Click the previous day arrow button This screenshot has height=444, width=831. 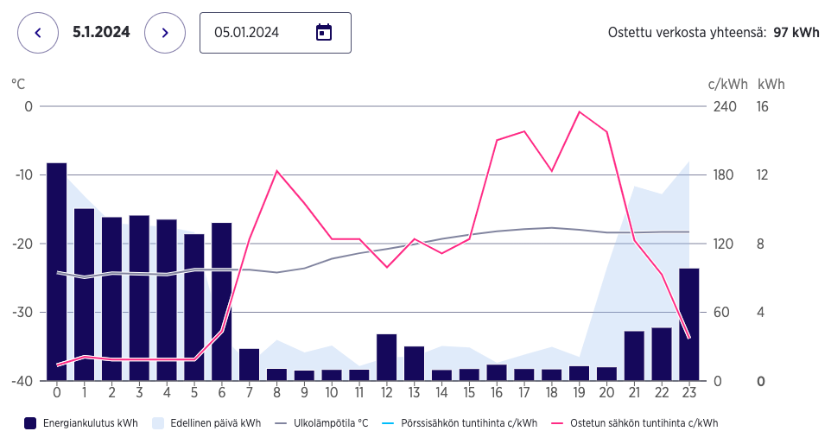coord(37,33)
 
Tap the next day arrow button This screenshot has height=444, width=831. coord(165,33)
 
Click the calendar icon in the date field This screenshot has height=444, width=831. coord(324,33)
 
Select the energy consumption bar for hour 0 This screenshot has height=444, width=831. coord(57,271)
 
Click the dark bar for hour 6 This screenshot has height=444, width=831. coord(222,301)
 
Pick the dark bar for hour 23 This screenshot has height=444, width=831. coord(689,324)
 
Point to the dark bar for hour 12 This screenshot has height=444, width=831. coord(387,357)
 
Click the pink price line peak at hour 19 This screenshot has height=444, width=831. coord(580,111)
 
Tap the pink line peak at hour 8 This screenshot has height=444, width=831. coord(276,171)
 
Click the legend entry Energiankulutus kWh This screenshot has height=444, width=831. coord(81,423)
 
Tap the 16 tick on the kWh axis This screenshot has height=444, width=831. coord(763,106)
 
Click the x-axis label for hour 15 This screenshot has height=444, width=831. coord(469,393)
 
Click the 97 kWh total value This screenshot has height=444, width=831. coord(796,33)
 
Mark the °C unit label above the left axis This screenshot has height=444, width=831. coord(18,84)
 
